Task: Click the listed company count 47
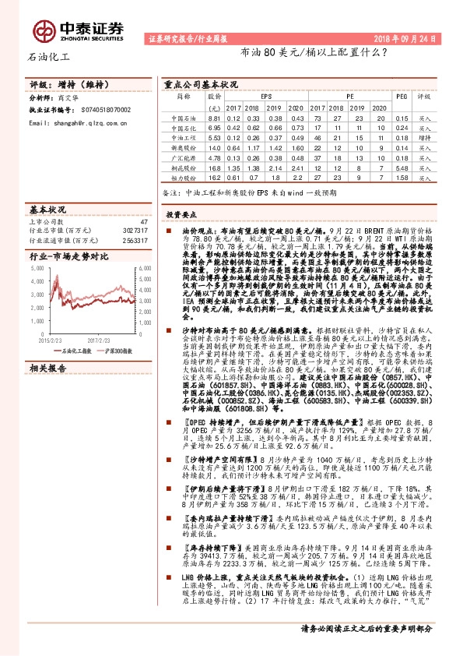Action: pyautogui.click(x=143, y=223)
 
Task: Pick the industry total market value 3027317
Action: pyautogui.click(x=135, y=231)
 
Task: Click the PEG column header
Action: pyautogui.click(x=402, y=97)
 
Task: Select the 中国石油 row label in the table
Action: pyautogui.click(x=184, y=117)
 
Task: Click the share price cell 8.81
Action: pyautogui.click(x=215, y=117)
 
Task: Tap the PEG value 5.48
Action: pyautogui.click(x=402, y=167)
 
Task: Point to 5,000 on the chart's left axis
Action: pyautogui.click(x=37, y=266)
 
